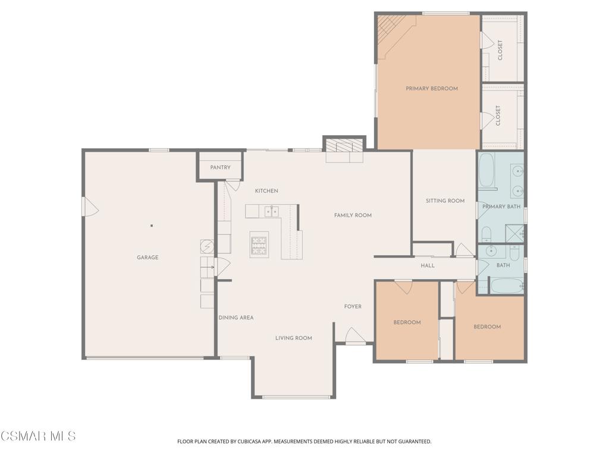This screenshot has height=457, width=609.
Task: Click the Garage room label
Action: coord(147,257)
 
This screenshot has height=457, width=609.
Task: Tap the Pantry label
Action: coord(220,167)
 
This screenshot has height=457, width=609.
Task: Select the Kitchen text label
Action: coord(266,191)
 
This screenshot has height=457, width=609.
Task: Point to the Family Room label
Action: coord(353,215)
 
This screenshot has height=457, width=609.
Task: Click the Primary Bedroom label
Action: coord(432,89)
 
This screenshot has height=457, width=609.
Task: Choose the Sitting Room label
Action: coord(445,201)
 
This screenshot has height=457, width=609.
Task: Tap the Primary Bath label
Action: coord(501,206)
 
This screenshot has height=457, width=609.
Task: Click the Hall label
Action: coord(428,266)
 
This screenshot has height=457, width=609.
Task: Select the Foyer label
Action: coord(353,306)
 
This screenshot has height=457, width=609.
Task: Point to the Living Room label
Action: coord(294,338)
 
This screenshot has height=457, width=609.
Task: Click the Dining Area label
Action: coord(236,318)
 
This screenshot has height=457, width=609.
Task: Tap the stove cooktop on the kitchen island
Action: coord(259,245)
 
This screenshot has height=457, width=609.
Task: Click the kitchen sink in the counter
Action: coord(271,211)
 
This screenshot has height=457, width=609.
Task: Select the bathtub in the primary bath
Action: coord(486,170)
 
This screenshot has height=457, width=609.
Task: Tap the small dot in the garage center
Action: coord(152,226)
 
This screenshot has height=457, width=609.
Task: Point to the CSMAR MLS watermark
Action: coord(38,436)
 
